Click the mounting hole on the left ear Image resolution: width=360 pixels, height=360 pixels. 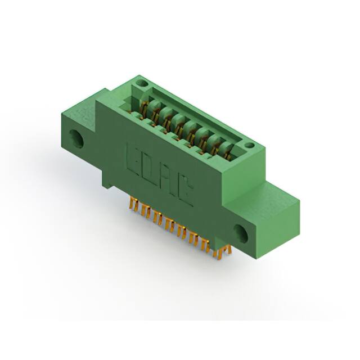tap(76, 138)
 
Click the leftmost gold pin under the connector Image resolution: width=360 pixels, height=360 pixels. tap(134, 205)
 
